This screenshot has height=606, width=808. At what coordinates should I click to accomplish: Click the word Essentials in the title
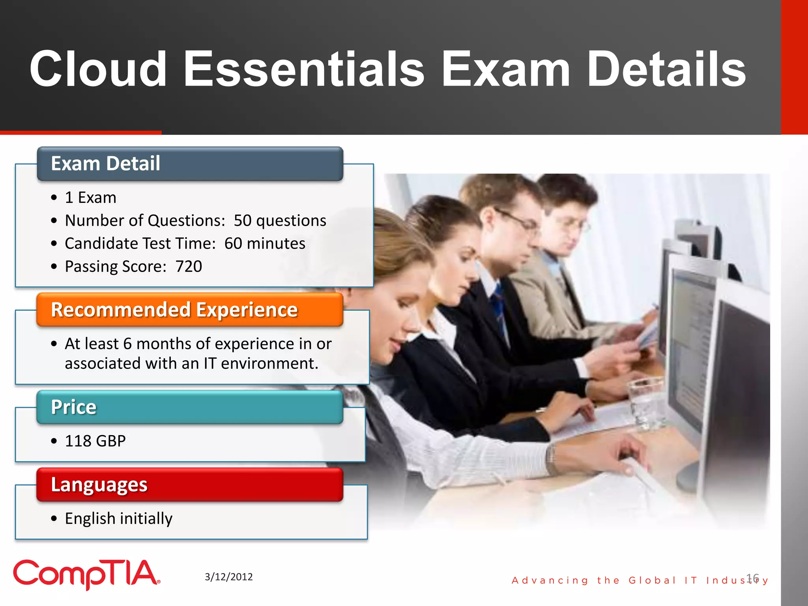[304, 69]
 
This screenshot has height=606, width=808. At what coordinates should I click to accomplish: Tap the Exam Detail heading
[106, 163]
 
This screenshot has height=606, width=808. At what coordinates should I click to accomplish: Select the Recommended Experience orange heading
[174, 310]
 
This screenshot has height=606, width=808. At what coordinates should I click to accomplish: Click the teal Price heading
[73, 407]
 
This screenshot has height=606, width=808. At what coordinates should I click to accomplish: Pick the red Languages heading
[99, 484]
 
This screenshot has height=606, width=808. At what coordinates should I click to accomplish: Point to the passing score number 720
[189, 266]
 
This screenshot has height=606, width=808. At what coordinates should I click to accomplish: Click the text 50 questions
[280, 221]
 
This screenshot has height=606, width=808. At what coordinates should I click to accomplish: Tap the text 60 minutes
[265, 243]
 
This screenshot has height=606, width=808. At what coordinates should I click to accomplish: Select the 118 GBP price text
[95, 441]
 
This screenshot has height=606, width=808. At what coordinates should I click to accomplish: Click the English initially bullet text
[118, 518]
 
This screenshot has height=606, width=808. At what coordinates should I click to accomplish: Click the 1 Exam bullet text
[90, 197]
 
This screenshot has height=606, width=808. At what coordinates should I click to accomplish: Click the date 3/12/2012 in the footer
[228, 577]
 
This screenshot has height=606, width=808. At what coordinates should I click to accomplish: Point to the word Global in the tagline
[652, 580]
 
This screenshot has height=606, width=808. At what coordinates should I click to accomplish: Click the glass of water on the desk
[647, 402]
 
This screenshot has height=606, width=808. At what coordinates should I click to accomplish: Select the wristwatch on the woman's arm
[552, 458]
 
